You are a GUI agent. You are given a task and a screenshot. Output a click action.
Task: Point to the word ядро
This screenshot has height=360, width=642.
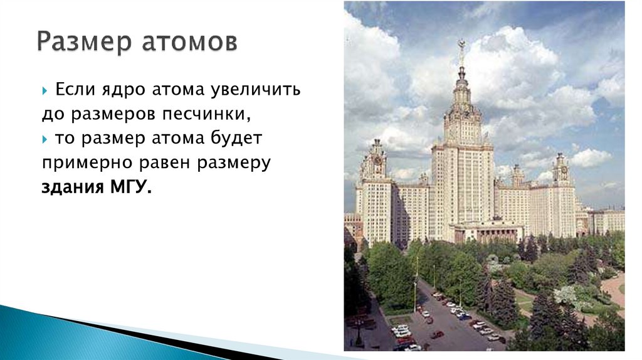123,90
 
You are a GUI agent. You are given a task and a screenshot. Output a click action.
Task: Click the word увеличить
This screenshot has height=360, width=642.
263,90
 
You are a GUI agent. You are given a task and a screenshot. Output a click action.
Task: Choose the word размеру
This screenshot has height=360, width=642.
234,163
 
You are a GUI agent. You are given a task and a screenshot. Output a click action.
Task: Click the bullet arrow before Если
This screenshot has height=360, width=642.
45,91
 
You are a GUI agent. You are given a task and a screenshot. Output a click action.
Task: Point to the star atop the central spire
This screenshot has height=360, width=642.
461,45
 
